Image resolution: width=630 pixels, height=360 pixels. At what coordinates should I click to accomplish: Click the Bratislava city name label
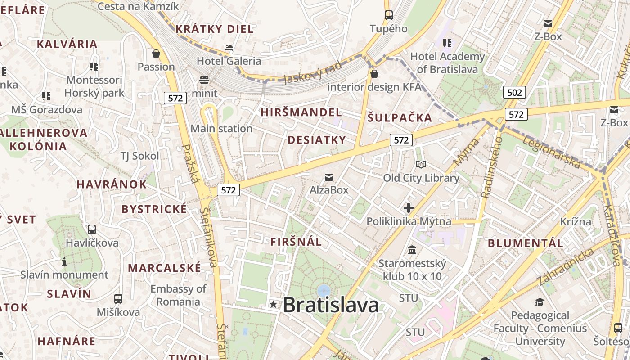pyautogui.click(x=331, y=305)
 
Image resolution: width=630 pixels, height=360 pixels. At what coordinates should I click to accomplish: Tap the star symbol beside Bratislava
pyautogui.click(x=273, y=304)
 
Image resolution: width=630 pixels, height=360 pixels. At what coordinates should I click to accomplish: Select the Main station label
pyautogui.click(x=221, y=129)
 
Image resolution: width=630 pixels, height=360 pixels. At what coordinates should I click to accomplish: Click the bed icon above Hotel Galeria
pyautogui.click(x=229, y=48)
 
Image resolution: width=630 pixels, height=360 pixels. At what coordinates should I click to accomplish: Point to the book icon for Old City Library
pyautogui.click(x=421, y=165)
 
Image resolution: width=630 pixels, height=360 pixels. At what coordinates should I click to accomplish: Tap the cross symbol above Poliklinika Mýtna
pyautogui.click(x=409, y=208)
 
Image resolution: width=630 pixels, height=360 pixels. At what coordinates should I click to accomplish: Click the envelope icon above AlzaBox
pyautogui.click(x=329, y=177)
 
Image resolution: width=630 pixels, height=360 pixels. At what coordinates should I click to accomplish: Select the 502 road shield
pyautogui.click(x=514, y=93)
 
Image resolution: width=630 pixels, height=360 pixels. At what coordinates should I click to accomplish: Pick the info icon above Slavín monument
pyautogui.click(x=64, y=261)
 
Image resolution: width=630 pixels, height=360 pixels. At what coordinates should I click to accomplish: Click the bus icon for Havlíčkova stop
pyautogui.click(x=92, y=229)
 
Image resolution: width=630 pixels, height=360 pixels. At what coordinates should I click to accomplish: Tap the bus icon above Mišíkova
pyautogui.click(x=118, y=298)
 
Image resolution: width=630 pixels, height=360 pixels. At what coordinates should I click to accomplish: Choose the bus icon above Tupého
pyautogui.click(x=388, y=15)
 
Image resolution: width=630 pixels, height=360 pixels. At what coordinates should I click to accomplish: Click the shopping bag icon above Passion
pyautogui.click(x=156, y=54)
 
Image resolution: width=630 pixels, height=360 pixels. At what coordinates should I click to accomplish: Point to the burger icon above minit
pyautogui.click(x=204, y=80)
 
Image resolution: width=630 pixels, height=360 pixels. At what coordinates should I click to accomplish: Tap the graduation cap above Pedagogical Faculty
pyautogui.click(x=540, y=302)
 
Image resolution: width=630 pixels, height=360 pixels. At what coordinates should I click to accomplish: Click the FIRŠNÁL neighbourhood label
pyautogui.click(x=296, y=242)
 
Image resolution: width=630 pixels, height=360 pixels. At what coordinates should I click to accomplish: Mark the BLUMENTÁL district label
pyautogui.click(x=526, y=243)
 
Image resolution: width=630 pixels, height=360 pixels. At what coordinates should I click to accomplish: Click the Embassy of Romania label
pyautogui.click(x=178, y=295)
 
